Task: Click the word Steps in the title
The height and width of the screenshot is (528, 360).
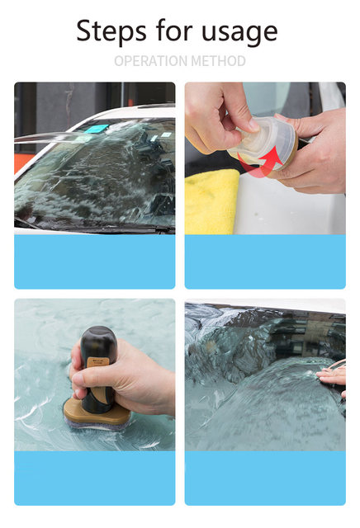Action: click(111, 31)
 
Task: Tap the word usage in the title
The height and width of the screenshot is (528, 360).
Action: click(239, 33)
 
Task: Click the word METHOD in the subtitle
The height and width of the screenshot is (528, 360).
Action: click(218, 61)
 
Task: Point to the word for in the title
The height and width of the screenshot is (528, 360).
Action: click(174, 31)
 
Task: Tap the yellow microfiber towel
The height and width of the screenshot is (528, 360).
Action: click(211, 201)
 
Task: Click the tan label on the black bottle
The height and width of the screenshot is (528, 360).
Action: click(97, 362)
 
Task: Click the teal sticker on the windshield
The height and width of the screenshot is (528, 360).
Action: click(96, 129)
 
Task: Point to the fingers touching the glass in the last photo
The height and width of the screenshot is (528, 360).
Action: click(333, 376)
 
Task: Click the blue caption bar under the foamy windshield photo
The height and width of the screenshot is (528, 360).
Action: click(95, 262)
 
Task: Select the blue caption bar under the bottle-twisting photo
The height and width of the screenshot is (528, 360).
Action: click(265, 262)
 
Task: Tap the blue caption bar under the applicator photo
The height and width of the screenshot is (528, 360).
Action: click(95, 478)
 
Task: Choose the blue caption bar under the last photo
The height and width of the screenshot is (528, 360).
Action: click(265, 478)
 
